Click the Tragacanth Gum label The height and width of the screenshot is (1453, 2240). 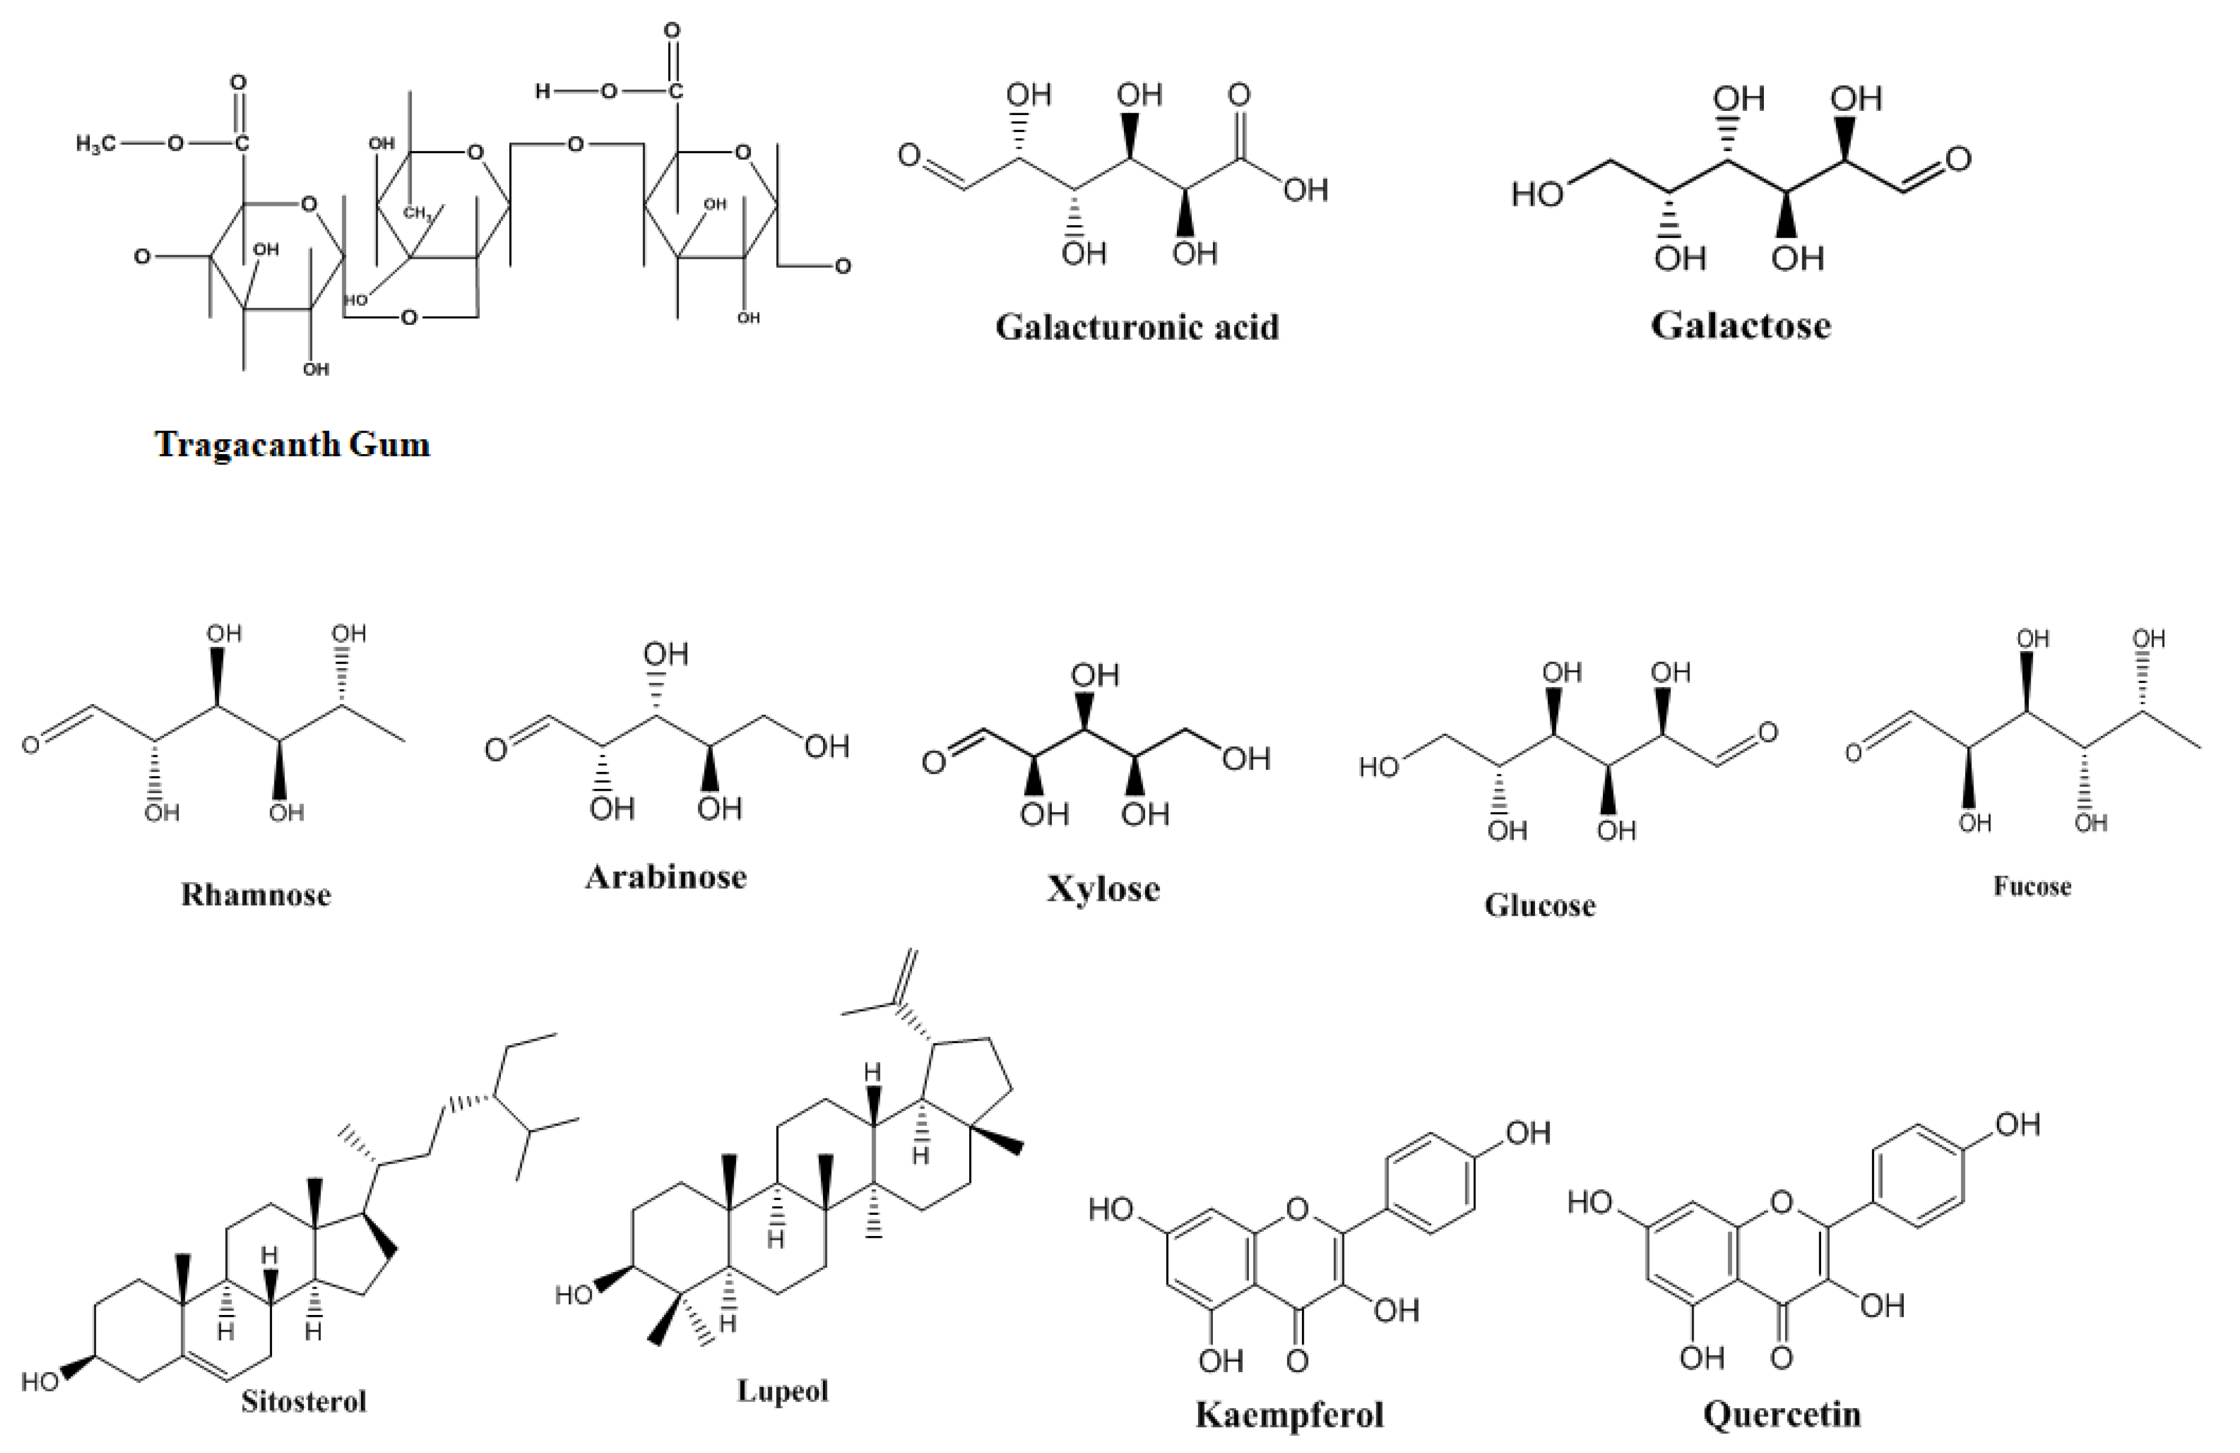(x=292, y=443)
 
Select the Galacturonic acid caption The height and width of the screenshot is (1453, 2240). (x=1137, y=327)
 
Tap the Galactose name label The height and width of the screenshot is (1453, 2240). (x=1740, y=326)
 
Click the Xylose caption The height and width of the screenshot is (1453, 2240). (x=1103, y=889)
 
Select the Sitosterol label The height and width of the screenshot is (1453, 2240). (x=303, y=1401)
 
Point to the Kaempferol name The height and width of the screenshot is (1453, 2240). (x=1290, y=1415)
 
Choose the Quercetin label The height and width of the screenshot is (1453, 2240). (x=1782, y=1415)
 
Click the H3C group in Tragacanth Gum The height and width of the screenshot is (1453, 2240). (x=97, y=144)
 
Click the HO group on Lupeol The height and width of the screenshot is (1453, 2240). (x=573, y=1296)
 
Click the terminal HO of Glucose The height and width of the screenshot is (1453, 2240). (x=1379, y=768)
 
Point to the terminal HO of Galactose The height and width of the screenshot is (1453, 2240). (x=1537, y=195)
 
